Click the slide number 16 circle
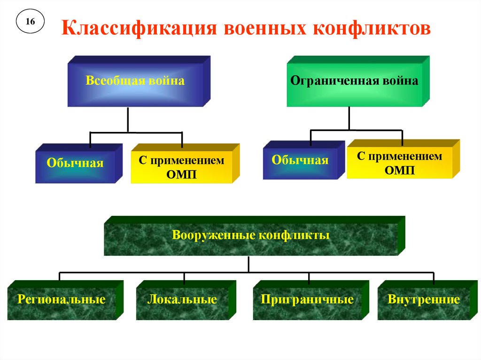coord(30,22)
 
